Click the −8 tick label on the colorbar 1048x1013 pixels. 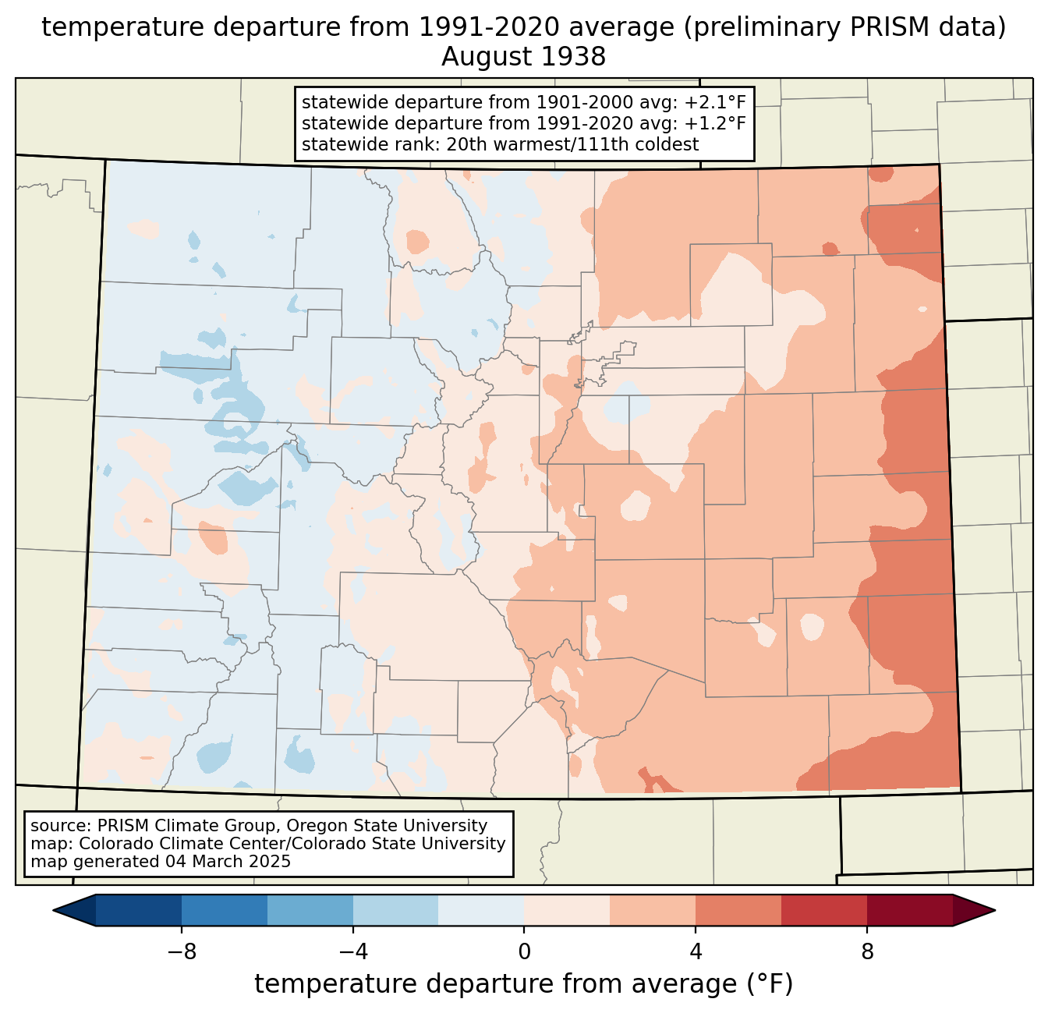pyautogui.click(x=182, y=952)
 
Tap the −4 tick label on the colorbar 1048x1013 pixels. pyautogui.click(x=353, y=952)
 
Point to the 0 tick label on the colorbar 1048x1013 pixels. pyautogui.click(x=524, y=952)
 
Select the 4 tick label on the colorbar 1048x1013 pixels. pyautogui.click(x=696, y=952)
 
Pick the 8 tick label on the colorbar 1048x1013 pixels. pyautogui.click(x=866, y=952)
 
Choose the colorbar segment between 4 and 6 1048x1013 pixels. pyautogui.click(x=738, y=911)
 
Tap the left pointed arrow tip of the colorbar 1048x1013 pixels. pyautogui.click(x=53, y=911)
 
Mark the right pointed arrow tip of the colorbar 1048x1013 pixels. pyautogui.click(x=995, y=911)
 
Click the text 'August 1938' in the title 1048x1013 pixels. pyautogui.click(x=523, y=57)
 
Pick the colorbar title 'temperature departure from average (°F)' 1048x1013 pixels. pyautogui.click(x=523, y=983)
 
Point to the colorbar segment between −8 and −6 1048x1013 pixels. pyautogui.click(x=225, y=911)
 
